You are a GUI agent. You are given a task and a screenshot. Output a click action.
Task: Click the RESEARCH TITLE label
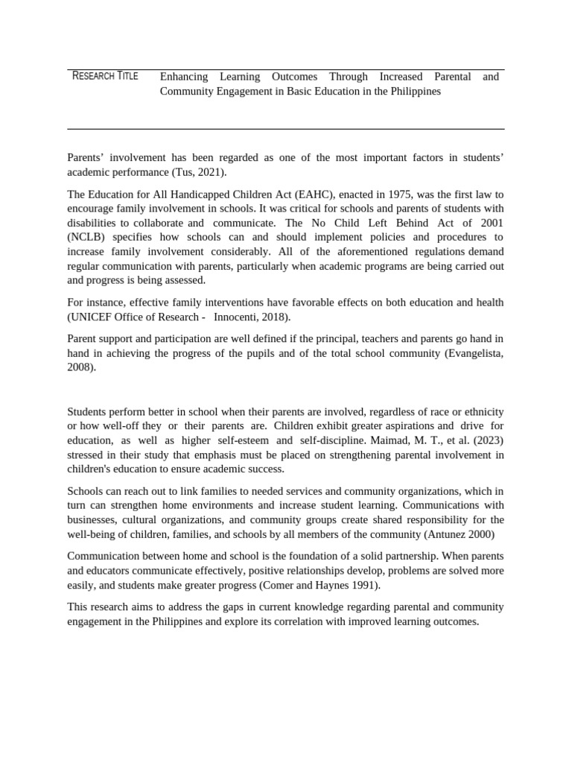[105, 76]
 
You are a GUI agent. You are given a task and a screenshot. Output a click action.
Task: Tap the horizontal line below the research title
[285, 129]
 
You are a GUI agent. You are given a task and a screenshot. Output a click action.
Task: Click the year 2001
[491, 223]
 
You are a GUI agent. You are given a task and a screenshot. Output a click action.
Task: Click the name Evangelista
[474, 353]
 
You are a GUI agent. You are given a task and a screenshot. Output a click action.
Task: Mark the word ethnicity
[480, 411]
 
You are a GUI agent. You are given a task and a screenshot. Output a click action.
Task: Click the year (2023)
[486, 440]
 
